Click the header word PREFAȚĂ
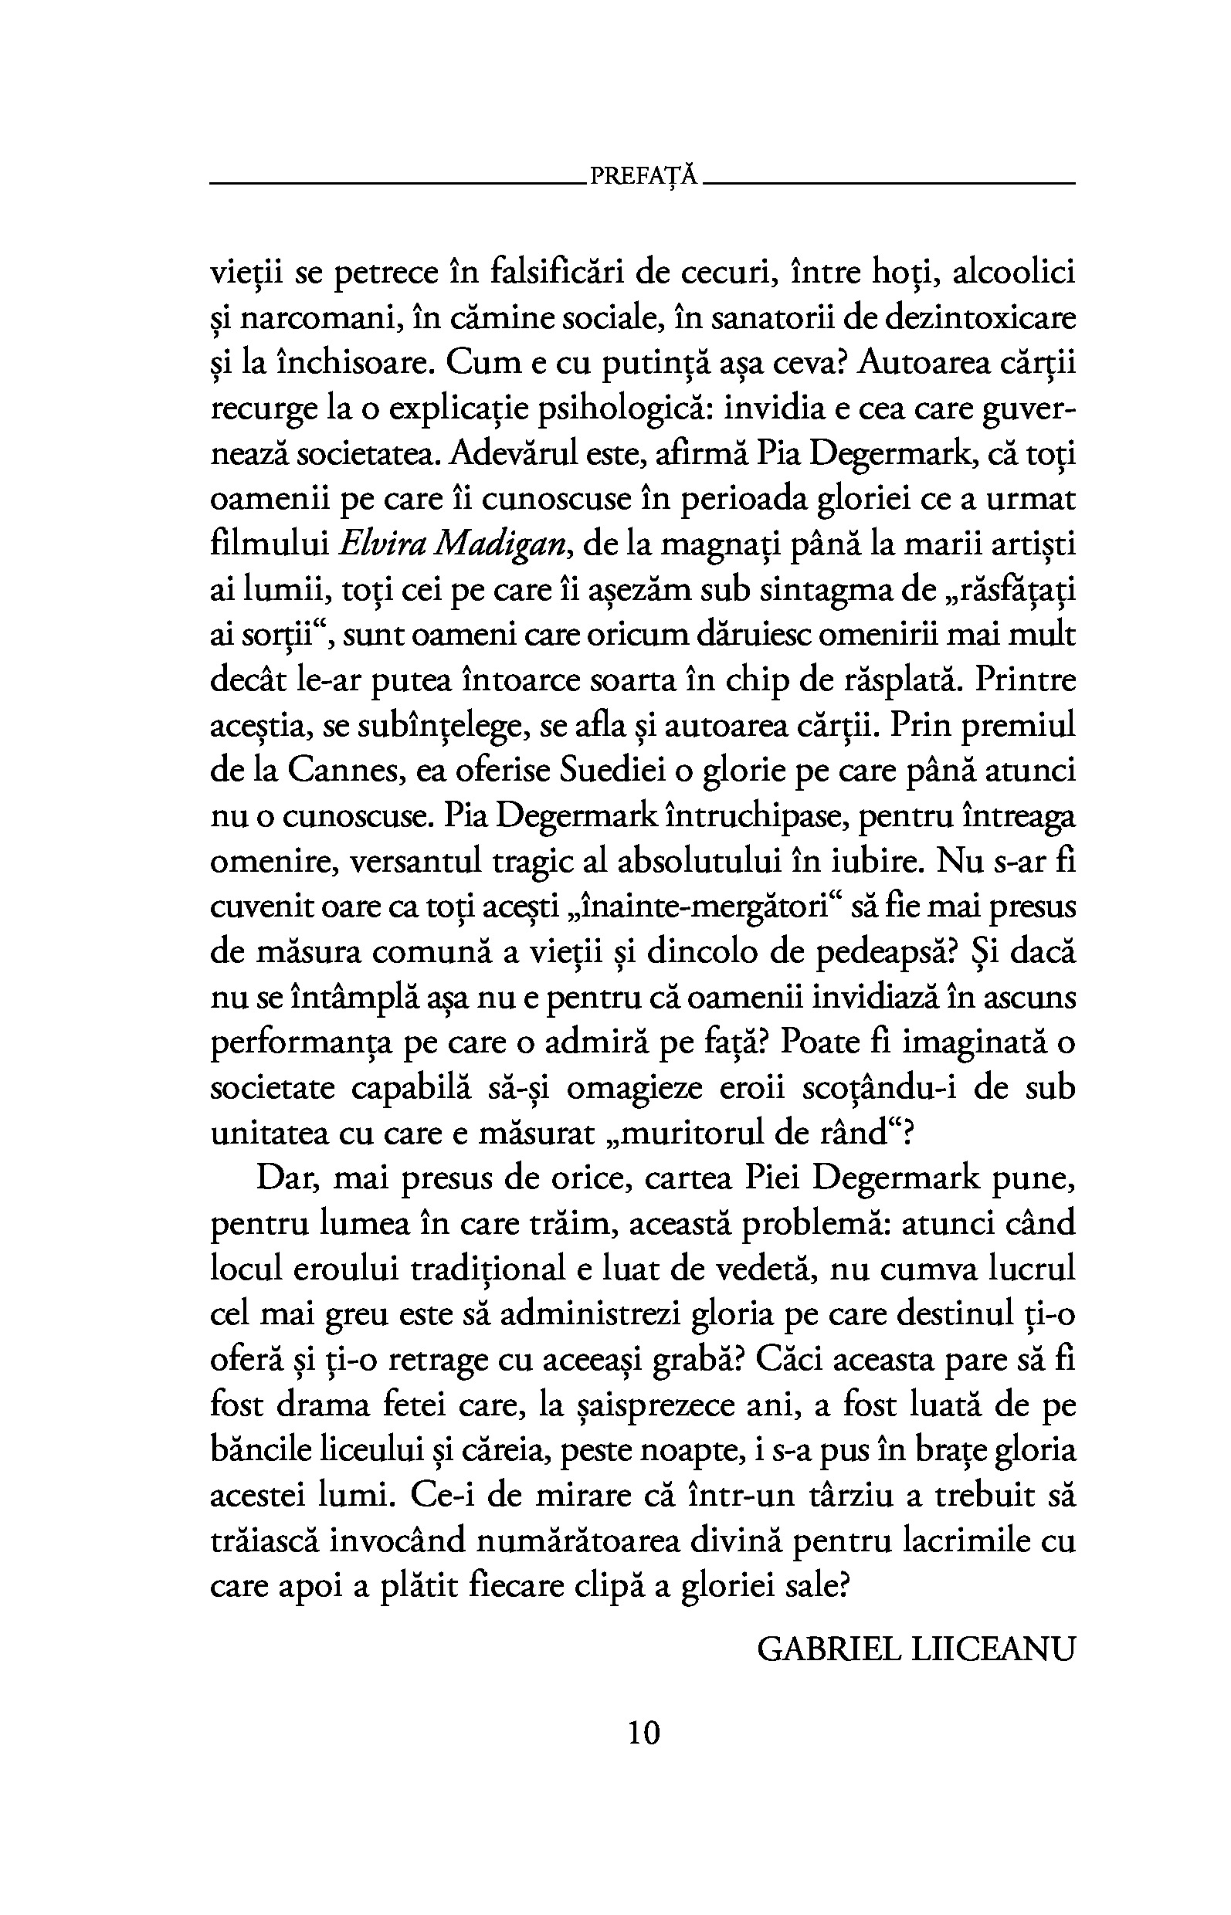click(643, 176)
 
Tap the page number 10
click(643, 1733)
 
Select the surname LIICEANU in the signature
click(993, 1649)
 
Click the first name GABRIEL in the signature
click(828, 1649)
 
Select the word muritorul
click(710, 1134)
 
